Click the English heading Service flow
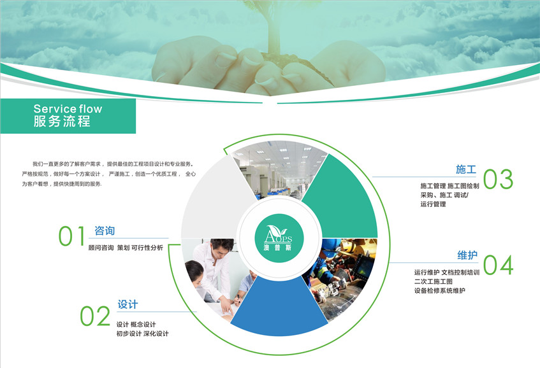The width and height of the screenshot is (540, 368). click(68, 109)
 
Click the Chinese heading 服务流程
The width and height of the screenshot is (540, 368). click(62, 122)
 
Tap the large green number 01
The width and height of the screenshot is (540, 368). click(71, 236)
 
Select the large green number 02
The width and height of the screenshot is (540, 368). click(95, 316)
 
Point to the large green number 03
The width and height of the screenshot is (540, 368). click(498, 179)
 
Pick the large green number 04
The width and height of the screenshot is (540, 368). click(498, 265)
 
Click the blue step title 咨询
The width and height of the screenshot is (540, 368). click(105, 230)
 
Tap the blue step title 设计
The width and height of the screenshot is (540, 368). click(128, 304)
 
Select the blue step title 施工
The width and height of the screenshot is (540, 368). click(466, 169)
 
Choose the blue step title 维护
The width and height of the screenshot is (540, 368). click(467, 255)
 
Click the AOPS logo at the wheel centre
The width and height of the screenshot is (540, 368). click(279, 238)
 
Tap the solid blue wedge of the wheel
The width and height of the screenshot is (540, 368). click(279, 309)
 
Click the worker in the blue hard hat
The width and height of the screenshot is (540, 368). click(327, 262)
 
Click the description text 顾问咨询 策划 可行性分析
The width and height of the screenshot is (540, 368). click(126, 248)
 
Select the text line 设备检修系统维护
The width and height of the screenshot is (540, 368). click(440, 290)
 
